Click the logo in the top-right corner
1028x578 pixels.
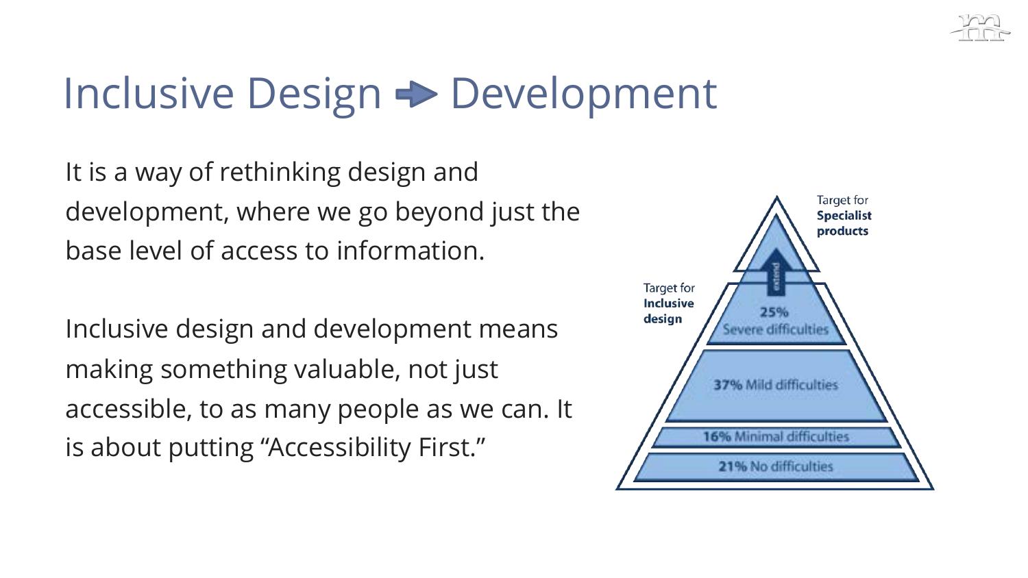click(980, 28)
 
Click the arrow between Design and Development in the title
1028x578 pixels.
click(416, 95)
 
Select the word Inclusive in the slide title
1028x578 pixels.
click(149, 94)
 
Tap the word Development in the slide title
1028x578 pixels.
click(584, 95)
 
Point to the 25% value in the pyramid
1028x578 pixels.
click(774, 312)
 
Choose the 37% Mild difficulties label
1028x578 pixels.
click(776, 384)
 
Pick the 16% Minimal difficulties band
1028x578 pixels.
click(776, 437)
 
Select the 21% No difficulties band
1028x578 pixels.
click(776, 466)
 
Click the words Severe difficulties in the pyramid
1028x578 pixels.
click(776, 329)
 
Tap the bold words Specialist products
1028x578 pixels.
click(844, 223)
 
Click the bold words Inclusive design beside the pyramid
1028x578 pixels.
click(669, 310)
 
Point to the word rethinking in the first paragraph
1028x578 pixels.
click(280, 172)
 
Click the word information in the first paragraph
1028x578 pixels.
click(411, 251)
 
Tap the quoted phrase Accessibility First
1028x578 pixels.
click(376, 447)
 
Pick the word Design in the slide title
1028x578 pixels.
click(315, 95)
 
